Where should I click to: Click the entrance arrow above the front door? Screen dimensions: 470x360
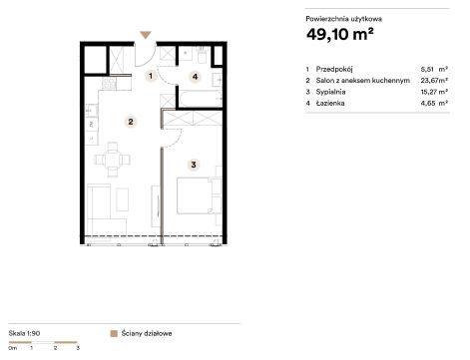(146, 35)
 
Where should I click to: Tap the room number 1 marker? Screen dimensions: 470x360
(151, 76)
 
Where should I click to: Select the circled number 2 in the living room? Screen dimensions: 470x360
(131, 122)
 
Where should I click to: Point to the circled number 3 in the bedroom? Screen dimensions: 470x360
(194, 165)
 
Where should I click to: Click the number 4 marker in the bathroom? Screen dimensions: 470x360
(195, 77)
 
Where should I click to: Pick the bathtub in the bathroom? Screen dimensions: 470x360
(201, 99)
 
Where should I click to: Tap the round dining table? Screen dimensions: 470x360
(113, 160)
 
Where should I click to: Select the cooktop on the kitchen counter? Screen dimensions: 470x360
(109, 84)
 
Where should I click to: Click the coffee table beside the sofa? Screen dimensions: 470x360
(123, 199)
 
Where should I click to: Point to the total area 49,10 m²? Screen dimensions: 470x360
(340, 34)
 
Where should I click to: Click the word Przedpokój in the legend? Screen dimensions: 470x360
(334, 70)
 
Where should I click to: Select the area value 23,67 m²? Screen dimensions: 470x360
(434, 81)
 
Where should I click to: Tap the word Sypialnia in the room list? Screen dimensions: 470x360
(330, 92)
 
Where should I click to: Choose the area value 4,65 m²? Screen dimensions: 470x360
(434, 103)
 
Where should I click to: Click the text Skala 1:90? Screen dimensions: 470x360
(24, 333)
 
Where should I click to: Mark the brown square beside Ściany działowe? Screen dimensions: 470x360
(114, 333)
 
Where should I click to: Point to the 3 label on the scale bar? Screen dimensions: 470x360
(78, 348)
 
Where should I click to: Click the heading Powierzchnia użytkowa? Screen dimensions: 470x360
(344, 19)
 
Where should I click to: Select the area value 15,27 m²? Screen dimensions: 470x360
(434, 92)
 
